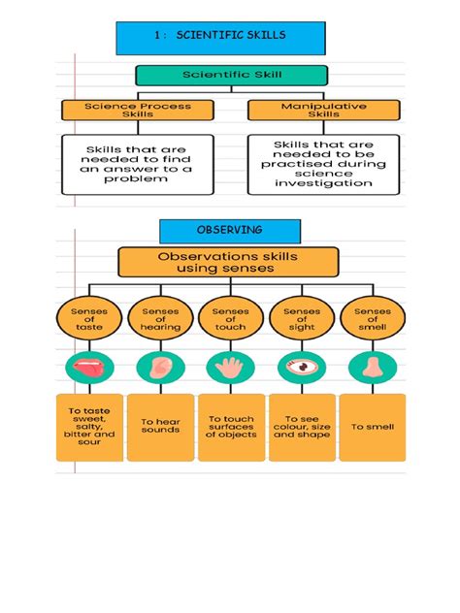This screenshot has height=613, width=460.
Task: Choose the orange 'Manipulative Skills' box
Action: [310, 110]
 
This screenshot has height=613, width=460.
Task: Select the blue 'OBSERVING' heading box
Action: [230, 231]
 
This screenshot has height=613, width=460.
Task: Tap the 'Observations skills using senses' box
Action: [228, 262]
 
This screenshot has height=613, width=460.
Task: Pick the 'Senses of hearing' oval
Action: [160, 319]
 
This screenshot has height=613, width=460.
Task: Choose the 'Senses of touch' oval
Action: [230, 319]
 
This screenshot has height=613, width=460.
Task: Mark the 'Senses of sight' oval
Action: [301, 319]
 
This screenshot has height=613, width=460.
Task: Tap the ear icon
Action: [160, 368]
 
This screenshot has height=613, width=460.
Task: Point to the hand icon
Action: [230, 368]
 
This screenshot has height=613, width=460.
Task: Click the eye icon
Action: [301, 368]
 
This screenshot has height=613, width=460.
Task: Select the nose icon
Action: [371, 368]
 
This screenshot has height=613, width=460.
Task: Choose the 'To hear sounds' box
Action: [160, 426]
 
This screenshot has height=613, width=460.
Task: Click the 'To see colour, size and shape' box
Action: [301, 426]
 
